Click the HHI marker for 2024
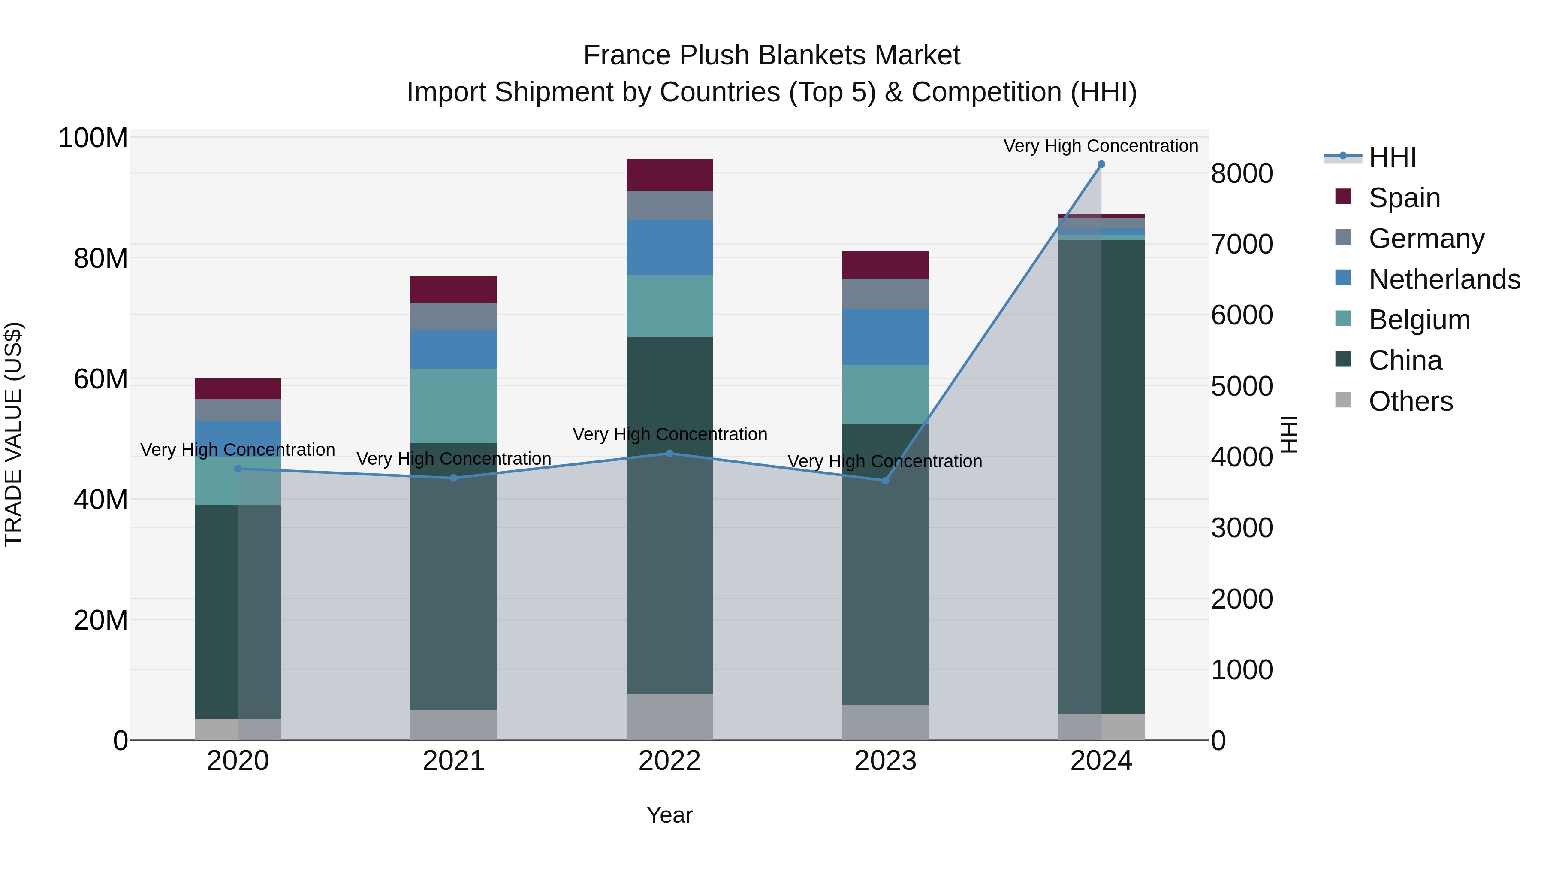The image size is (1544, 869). [1101, 164]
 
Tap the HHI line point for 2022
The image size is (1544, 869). [669, 454]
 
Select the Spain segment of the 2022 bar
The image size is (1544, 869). [669, 175]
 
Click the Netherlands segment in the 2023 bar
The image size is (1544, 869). [885, 337]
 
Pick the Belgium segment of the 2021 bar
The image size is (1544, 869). [454, 406]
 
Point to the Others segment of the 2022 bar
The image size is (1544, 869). [669, 717]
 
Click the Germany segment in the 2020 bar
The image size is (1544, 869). [238, 410]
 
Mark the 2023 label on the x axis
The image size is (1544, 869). [885, 761]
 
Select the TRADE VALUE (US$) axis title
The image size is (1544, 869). [13, 434]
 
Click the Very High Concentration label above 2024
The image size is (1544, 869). [1101, 146]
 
